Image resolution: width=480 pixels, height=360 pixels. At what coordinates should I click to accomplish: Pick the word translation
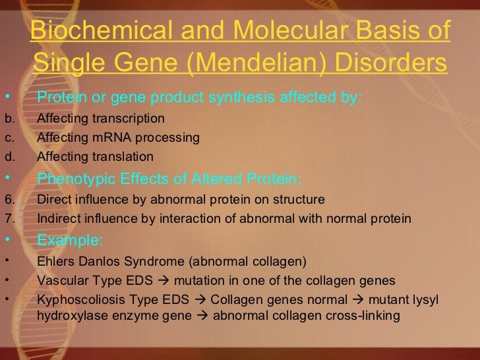[123, 157]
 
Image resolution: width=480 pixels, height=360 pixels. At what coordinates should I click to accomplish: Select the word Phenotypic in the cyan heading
[71, 178]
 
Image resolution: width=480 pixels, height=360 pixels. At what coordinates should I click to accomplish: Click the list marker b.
[9, 119]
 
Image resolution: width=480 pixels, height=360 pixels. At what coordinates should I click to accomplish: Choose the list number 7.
[9, 218]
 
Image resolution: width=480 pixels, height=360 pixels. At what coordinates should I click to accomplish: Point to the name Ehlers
[55, 261]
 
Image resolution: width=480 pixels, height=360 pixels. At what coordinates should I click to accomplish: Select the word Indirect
[57, 218]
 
